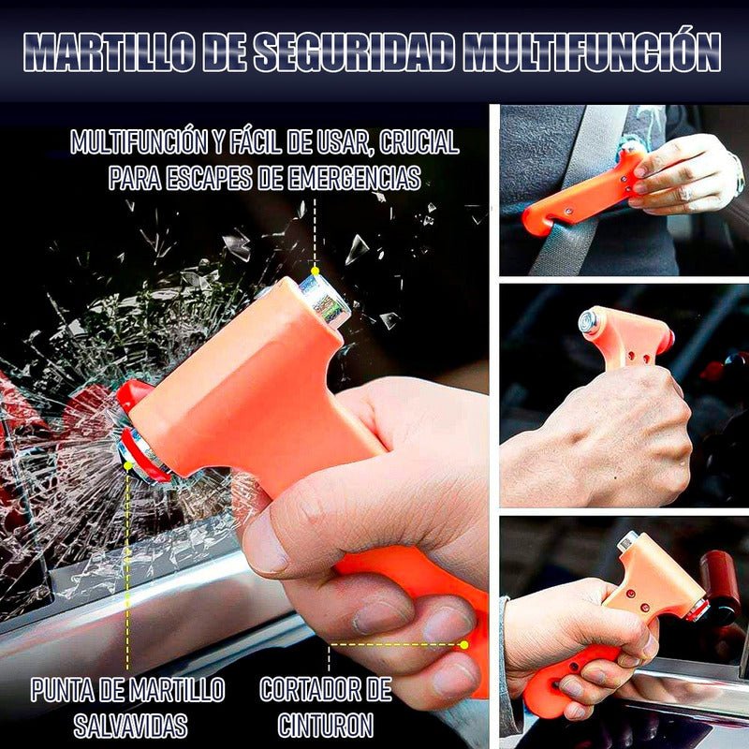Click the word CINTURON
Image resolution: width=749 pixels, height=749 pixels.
tap(326, 725)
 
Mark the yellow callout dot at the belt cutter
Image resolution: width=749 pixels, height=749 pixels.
tap(463, 644)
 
